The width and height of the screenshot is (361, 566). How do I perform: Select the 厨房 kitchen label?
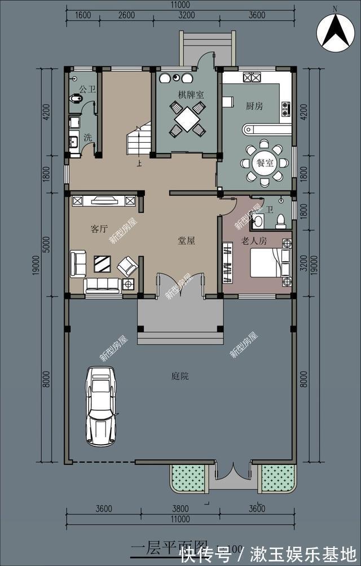click(254, 106)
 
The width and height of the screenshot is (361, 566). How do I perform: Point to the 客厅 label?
click(99, 229)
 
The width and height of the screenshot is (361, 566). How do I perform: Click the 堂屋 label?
click(187, 241)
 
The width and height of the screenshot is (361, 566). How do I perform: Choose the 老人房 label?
click(253, 242)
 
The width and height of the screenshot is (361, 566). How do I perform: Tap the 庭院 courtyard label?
click(180, 376)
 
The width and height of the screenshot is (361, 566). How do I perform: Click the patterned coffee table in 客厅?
click(102, 264)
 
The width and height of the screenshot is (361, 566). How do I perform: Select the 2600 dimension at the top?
click(126, 16)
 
